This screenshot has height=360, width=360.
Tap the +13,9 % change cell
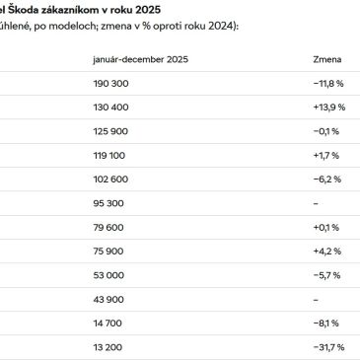coord(326,128)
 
